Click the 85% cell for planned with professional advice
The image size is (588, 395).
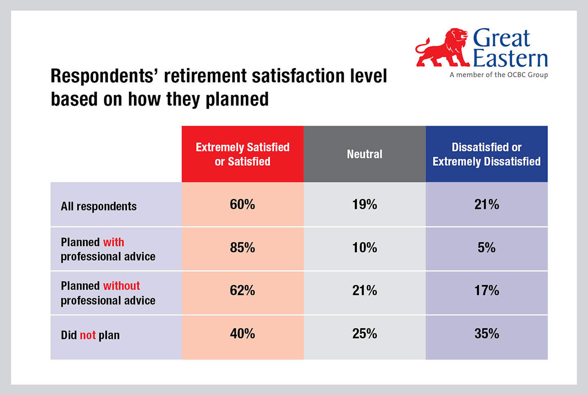[x=242, y=248]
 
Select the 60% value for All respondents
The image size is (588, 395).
[x=242, y=204]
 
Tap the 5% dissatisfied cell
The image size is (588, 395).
[x=486, y=248]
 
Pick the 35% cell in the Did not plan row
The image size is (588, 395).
[x=486, y=333]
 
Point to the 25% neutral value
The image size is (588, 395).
[x=365, y=333]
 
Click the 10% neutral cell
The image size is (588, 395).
[x=365, y=248]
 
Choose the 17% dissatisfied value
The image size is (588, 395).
[x=486, y=291]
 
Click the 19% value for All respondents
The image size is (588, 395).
[x=365, y=204]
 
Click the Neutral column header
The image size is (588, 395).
[x=365, y=154]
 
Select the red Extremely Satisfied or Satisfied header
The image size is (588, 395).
[x=243, y=154]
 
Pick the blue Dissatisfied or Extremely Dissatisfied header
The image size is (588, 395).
[x=487, y=154]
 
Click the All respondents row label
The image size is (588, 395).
[x=99, y=206]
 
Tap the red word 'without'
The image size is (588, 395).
[x=122, y=286]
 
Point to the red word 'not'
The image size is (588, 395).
[x=88, y=335]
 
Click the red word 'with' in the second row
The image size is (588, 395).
[x=114, y=242]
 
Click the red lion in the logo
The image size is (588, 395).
[x=442, y=48]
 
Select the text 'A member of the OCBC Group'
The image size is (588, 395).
[x=499, y=75]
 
